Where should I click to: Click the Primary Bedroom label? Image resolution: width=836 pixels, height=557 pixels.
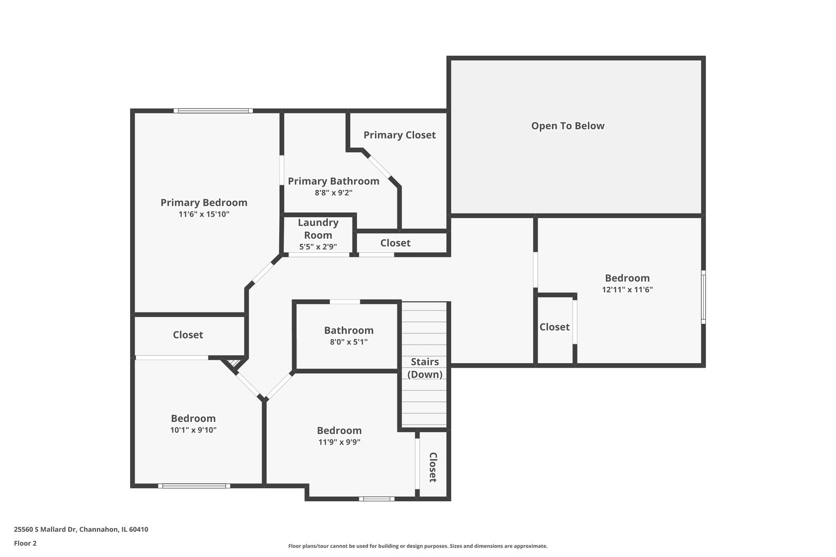point(204,203)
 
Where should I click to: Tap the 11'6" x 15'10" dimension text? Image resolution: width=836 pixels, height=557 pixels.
point(204,214)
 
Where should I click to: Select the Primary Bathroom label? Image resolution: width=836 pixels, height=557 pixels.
point(333,182)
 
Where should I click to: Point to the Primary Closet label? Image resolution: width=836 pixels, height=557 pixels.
point(399,135)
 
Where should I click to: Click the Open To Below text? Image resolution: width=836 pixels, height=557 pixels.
point(568,126)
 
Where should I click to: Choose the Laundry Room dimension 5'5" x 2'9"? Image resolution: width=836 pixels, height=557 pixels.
point(318,247)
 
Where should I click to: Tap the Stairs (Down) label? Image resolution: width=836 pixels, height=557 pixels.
point(425,368)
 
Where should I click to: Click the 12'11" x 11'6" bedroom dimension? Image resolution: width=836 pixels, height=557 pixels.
point(627,289)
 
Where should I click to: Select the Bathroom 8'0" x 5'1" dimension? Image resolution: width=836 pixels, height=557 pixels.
point(348,342)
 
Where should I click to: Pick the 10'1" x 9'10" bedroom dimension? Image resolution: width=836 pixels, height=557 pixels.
point(194,430)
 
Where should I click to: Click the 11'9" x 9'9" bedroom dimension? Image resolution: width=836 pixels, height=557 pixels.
point(339,442)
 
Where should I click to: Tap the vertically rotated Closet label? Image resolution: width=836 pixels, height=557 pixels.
point(433,467)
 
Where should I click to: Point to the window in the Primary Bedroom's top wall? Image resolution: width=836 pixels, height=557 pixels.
point(213,111)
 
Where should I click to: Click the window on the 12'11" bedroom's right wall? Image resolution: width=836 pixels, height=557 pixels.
point(703,297)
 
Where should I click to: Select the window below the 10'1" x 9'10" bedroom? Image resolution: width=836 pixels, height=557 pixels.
point(194,486)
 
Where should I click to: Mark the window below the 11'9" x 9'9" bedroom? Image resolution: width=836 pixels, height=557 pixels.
point(377,499)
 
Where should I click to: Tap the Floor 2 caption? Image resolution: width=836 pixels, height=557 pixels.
point(25,543)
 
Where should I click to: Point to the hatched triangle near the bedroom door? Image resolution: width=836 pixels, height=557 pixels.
point(234,363)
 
